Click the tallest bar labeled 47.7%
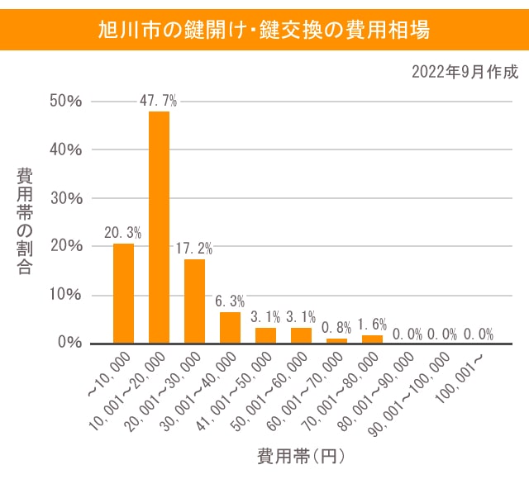(x=159, y=227)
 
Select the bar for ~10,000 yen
(x=123, y=293)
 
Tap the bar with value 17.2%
(x=194, y=301)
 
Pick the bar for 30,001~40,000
(x=230, y=327)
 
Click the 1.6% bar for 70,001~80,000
(x=373, y=339)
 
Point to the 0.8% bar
(x=337, y=340)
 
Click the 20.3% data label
(x=123, y=233)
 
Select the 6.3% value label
(x=230, y=301)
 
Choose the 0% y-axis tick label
(x=69, y=343)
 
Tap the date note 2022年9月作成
(x=465, y=72)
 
